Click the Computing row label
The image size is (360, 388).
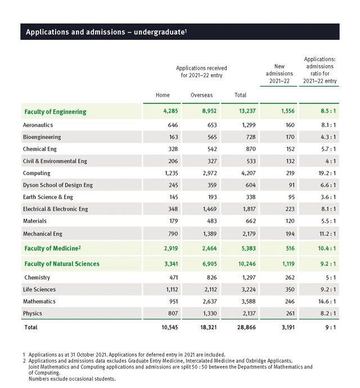[x=37, y=173]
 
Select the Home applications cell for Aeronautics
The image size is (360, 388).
[x=173, y=125]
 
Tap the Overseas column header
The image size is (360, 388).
[x=201, y=95]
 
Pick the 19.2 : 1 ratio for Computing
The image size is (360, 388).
[x=327, y=173]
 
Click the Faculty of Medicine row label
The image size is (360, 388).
[x=52, y=248]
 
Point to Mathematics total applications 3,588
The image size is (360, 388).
[x=249, y=301]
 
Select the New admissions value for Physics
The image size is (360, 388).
[x=290, y=314]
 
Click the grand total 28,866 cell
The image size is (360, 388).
[x=246, y=327]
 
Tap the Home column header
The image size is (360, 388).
[x=163, y=95]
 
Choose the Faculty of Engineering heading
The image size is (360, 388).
[x=56, y=112]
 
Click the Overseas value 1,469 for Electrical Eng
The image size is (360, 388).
[x=210, y=209]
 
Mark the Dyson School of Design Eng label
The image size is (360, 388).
[x=58, y=185]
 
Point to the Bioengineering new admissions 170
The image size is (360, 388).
[x=290, y=137]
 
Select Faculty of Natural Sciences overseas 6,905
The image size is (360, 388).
[x=209, y=264]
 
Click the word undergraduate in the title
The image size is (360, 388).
[x=159, y=32]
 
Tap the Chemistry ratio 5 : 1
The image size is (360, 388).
[x=331, y=278]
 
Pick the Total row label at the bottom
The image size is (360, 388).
[x=31, y=327]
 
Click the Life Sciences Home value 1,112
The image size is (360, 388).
[x=172, y=290]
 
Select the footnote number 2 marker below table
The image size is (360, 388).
[x=24, y=361]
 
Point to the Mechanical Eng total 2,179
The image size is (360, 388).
[x=249, y=234]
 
